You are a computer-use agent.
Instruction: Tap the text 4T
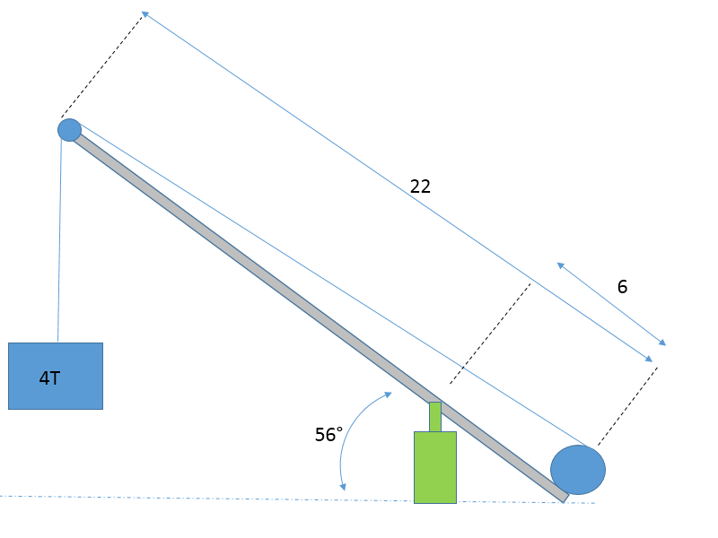(49, 378)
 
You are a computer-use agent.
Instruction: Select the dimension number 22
(420, 187)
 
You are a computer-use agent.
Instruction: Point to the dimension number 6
(622, 287)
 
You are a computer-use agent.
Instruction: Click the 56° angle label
(328, 435)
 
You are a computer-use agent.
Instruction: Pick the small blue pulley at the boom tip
(69, 130)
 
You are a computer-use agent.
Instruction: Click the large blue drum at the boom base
(577, 469)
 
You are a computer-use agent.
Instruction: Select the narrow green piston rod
(434, 417)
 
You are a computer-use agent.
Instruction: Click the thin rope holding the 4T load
(59, 242)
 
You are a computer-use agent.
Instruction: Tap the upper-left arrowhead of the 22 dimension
(144, 14)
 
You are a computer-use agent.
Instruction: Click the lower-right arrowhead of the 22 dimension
(650, 360)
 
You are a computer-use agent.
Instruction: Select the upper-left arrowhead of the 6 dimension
(560, 265)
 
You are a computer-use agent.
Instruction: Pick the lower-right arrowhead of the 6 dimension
(663, 343)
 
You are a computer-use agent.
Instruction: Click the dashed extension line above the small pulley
(101, 66)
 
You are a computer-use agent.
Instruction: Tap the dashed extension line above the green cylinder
(490, 333)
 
